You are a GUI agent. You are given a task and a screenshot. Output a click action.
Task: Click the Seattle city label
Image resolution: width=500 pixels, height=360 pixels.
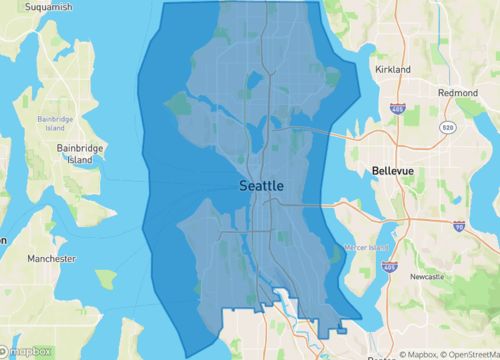[x=262, y=186]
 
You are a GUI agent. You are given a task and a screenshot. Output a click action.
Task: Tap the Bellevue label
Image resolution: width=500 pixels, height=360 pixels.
[x=391, y=171]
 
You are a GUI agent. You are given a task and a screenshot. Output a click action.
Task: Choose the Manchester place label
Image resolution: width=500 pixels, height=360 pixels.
[x=50, y=259]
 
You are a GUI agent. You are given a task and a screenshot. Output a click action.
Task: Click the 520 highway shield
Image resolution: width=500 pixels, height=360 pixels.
[x=448, y=129]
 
